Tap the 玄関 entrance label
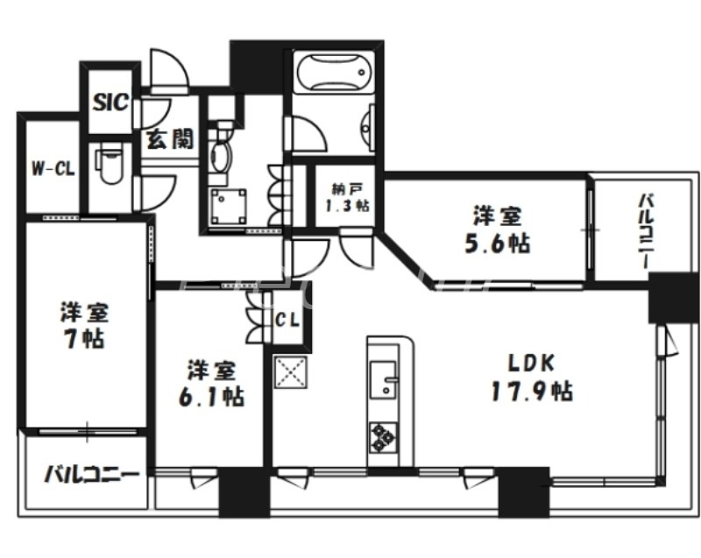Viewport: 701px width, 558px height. (170, 139)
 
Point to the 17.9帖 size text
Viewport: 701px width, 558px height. (532, 391)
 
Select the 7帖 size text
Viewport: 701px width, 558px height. (83, 339)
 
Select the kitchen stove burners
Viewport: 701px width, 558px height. (383, 436)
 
